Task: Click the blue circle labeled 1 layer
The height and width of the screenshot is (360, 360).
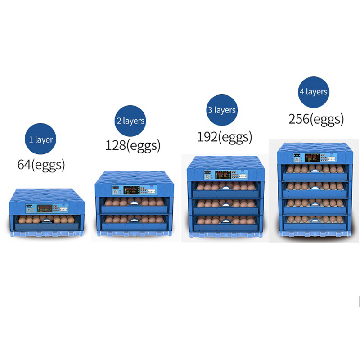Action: coord(41,139)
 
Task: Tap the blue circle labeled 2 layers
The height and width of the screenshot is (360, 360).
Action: coord(130,121)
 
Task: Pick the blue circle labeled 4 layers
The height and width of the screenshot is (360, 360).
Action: coord(314,91)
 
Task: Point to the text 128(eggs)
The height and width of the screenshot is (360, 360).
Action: coord(133,145)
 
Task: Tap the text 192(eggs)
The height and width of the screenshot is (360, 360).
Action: coord(224,136)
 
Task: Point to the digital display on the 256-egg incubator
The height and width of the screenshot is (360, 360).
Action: coord(312,158)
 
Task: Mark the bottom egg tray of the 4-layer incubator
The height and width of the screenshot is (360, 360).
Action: coord(314,220)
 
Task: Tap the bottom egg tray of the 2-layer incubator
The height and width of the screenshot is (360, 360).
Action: coord(132,220)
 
